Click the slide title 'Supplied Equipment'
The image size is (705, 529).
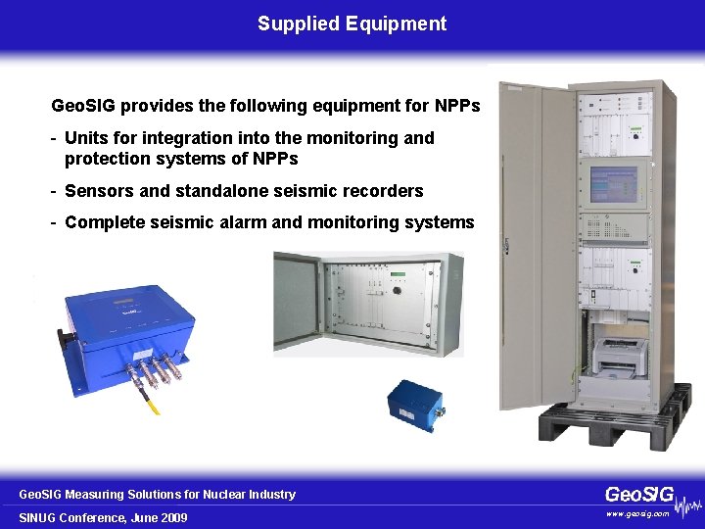point(352,24)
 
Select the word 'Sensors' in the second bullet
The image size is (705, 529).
point(96,190)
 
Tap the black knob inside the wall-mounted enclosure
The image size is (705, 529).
point(397,289)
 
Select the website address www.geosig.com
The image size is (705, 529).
point(636,513)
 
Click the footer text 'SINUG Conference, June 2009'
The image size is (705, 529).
point(103,517)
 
